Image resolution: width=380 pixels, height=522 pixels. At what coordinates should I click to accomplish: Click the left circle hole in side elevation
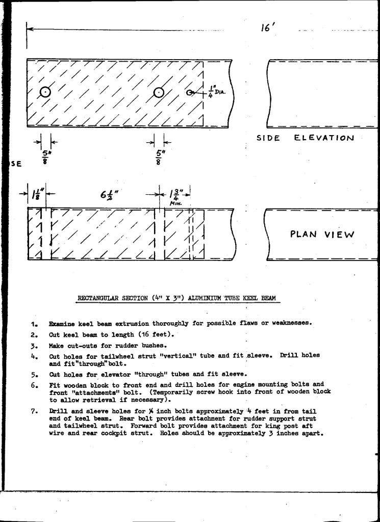(x=45, y=92)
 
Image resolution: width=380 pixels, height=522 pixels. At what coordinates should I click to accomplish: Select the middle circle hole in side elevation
(x=159, y=92)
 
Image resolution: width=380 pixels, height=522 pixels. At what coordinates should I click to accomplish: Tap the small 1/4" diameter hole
(x=190, y=93)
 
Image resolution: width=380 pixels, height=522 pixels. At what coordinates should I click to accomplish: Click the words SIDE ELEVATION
(x=305, y=138)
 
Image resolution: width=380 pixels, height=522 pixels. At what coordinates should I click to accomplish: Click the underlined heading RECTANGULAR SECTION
(x=176, y=298)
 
